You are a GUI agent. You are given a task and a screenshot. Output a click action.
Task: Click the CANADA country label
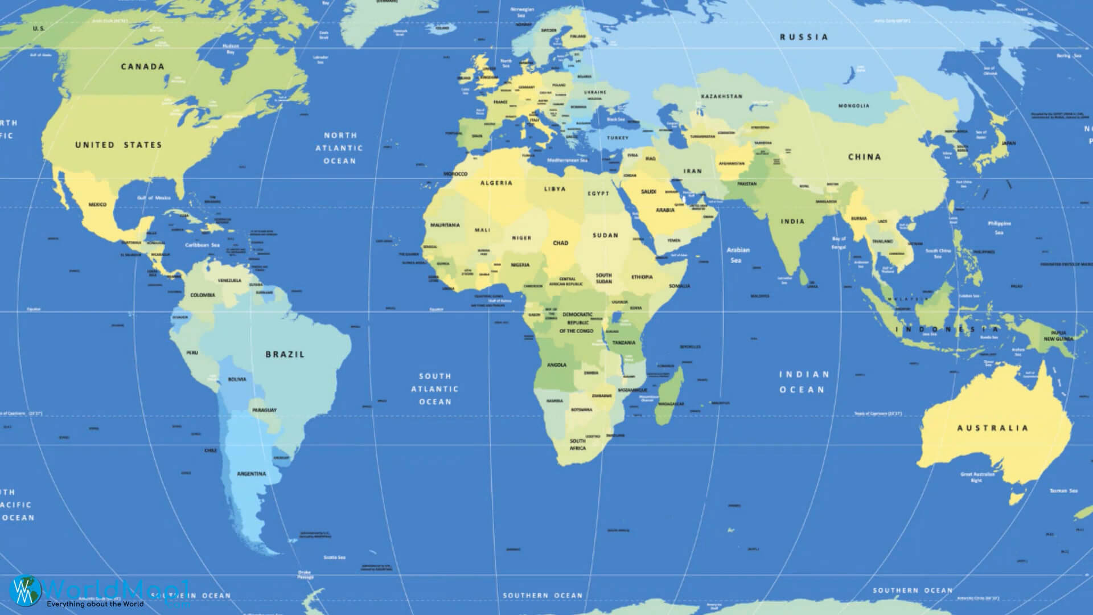pos(142,67)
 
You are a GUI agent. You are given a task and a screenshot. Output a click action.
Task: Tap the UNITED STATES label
pos(118,145)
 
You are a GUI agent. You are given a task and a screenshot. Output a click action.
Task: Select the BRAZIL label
pos(285,354)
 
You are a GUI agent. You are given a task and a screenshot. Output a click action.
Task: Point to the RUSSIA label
pos(804,37)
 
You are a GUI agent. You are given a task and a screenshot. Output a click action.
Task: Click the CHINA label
pos(864,157)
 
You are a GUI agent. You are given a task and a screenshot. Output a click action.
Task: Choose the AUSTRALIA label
pos(993,428)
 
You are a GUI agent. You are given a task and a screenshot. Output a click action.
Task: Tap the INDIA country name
pos(792,222)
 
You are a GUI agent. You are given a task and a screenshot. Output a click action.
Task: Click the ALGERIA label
pos(496,183)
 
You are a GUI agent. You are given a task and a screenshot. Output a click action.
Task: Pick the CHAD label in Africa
pos(561,243)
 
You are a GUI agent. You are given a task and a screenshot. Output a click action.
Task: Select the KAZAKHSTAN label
pos(722,96)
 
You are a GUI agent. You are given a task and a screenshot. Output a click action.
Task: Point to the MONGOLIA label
pos(853,106)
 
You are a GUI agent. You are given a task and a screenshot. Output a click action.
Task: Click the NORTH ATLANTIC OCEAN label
pos(340,148)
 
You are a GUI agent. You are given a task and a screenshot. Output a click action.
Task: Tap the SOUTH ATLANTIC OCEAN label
pos(435,389)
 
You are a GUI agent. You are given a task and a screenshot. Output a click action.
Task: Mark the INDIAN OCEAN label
pos(804,382)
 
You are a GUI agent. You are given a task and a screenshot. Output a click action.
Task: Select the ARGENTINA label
pos(251,474)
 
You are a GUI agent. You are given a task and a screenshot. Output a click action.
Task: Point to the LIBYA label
pos(554,189)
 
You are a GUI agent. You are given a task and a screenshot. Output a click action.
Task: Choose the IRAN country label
pos(693,171)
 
